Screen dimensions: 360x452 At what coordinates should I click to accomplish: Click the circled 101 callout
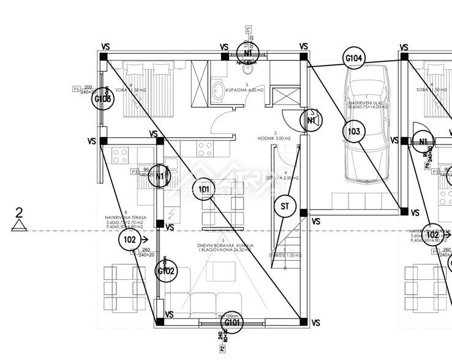pyautogui.click(x=204, y=189)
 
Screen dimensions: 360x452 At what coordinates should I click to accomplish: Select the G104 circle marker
pyautogui.click(x=355, y=59)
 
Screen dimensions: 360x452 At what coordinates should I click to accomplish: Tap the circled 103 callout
pyautogui.click(x=353, y=131)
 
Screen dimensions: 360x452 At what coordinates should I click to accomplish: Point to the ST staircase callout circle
pyautogui.click(x=284, y=206)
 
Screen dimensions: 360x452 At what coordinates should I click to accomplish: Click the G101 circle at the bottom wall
pyautogui.click(x=232, y=323)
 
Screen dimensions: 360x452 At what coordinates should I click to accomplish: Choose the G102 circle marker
pyautogui.click(x=166, y=271)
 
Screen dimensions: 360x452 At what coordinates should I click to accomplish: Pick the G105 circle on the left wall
pyautogui.click(x=102, y=98)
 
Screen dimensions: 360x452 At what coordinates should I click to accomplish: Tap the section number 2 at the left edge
pyautogui.click(x=20, y=213)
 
